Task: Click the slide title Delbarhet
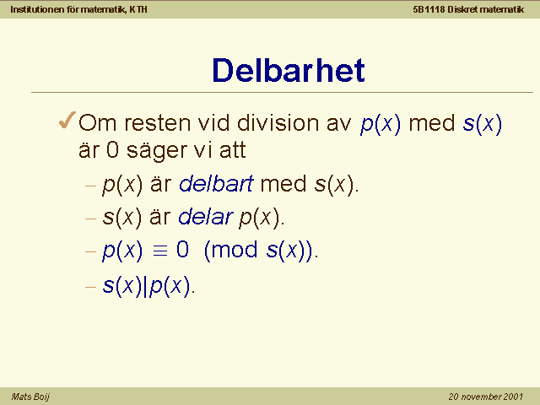click(x=289, y=70)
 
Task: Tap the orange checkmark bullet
click(x=67, y=120)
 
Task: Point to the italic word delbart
click(x=216, y=184)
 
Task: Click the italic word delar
click(x=206, y=217)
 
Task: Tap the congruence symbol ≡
click(x=160, y=251)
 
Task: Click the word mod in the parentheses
click(x=235, y=250)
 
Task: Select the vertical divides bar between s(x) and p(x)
click(x=146, y=286)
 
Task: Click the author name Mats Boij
click(x=30, y=397)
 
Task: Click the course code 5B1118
click(x=429, y=9)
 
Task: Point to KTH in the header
click(x=138, y=9)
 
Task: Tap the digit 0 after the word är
click(x=112, y=150)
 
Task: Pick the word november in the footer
click(x=478, y=397)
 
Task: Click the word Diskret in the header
click(x=462, y=9)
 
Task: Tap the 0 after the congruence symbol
click(x=182, y=250)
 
